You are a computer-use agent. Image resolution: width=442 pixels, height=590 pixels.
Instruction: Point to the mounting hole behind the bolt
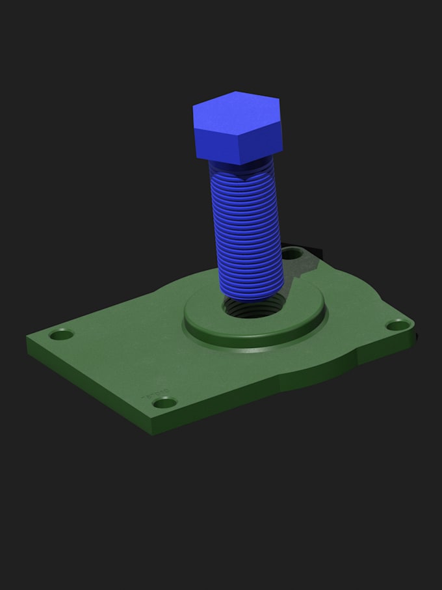293,253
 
